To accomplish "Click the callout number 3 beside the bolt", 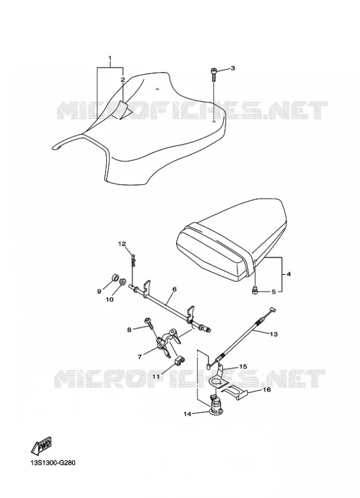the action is click(x=233, y=68).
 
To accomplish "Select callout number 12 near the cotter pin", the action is click(x=122, y=244).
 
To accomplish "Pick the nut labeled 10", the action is click(x=122, y=281).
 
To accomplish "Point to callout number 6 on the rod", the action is click(x=175, y=289).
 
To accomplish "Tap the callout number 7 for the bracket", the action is click(x=140, y=357).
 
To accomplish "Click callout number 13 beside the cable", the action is click(x=274, y=334).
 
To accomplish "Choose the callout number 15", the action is click(x=243, y=366).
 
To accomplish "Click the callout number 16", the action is click(x=267, y=389).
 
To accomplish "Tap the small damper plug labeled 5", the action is click(x=254, y=290).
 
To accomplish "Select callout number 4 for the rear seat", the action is click(x=289, y=274).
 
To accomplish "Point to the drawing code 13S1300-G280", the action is click(x=49, y=471).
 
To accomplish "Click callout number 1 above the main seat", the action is click(x=110, y=58).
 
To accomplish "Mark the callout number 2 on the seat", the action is click(x=123, y=80).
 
